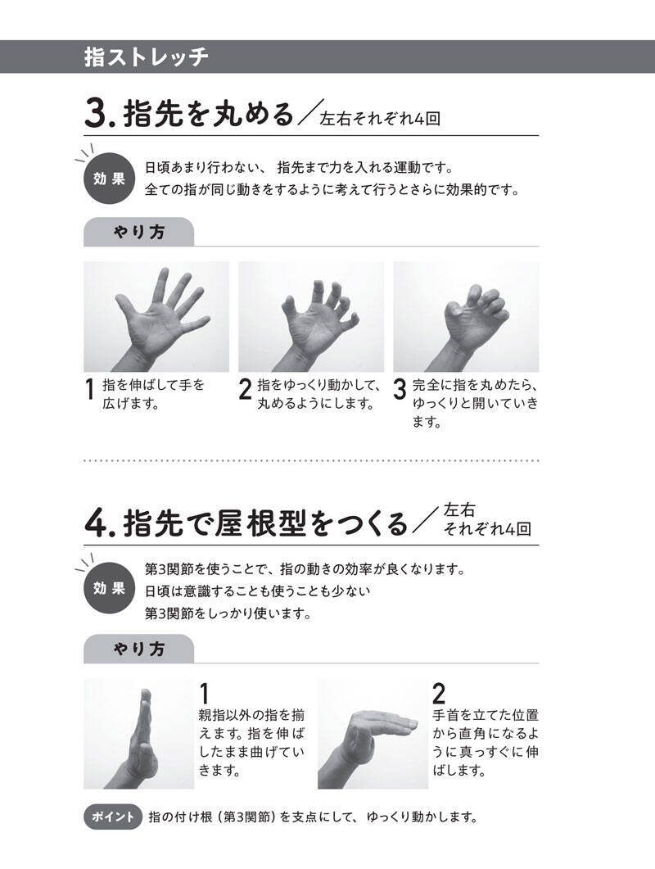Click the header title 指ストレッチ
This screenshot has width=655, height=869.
click(x=147, y=57)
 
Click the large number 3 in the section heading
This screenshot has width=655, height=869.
click(x=96, y=113)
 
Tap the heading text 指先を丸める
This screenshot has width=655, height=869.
click(x=208, y=113)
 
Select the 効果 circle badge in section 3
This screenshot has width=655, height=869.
click(x=109, y=179)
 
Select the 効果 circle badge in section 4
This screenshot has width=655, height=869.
click(x=109, y=588)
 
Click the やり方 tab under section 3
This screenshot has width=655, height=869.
click(x=138, y=232)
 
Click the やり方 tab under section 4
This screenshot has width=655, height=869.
click(x=138, y=649)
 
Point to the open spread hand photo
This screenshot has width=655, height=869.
click(x=156, y=316)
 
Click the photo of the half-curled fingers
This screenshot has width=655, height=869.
click(x=311, y=316)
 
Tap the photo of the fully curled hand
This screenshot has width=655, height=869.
click(x=466, y=316)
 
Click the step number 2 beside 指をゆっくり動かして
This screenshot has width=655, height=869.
click(x=245, y=389)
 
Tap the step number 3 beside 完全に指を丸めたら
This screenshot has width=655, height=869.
click(x=400, y=389)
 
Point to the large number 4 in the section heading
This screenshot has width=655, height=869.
click(x=97, y=523)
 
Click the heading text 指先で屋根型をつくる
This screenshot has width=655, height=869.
click(x=266, y=523)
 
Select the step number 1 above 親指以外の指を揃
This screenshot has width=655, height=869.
click(x=204, y=693)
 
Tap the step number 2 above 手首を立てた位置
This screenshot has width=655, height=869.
click(x=438, y=693)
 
